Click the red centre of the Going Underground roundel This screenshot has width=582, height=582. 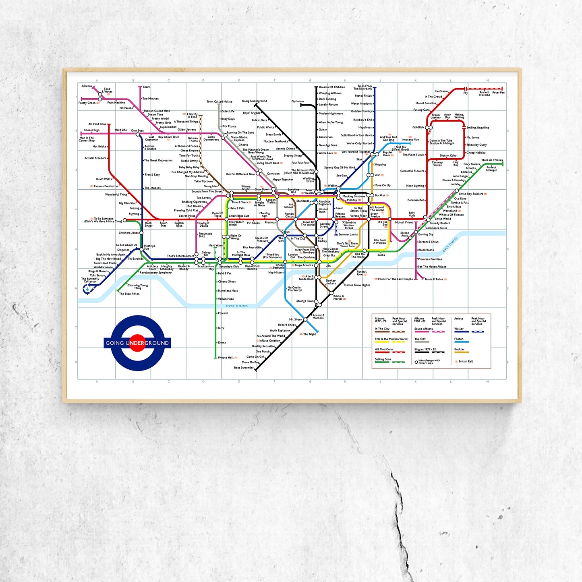click(137, 343)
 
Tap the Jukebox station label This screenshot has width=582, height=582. click(87, 86)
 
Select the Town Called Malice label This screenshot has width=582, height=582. click(219, 101)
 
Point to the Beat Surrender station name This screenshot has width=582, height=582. click(244, 368)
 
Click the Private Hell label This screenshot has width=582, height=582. click(226, 358)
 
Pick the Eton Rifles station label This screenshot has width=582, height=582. click(129, 294)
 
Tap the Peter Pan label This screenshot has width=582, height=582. click(498, 93)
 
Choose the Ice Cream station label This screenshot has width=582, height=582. click(441, 91)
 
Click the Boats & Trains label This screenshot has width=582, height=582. click(434, 279)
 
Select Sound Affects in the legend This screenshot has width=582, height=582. click(423, 329)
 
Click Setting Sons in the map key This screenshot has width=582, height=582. click(383, 359)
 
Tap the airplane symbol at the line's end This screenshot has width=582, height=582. click(87, 288)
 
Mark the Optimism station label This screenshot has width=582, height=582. click(298, 101)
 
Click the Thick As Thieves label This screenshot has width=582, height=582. click(492, 160)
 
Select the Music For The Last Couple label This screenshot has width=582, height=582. click(395, 279)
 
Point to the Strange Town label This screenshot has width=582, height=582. click(304, 301)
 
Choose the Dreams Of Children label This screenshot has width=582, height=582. click(332, 87)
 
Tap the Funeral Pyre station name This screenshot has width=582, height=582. click(361, 273)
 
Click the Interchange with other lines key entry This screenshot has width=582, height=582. click(429, 362)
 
